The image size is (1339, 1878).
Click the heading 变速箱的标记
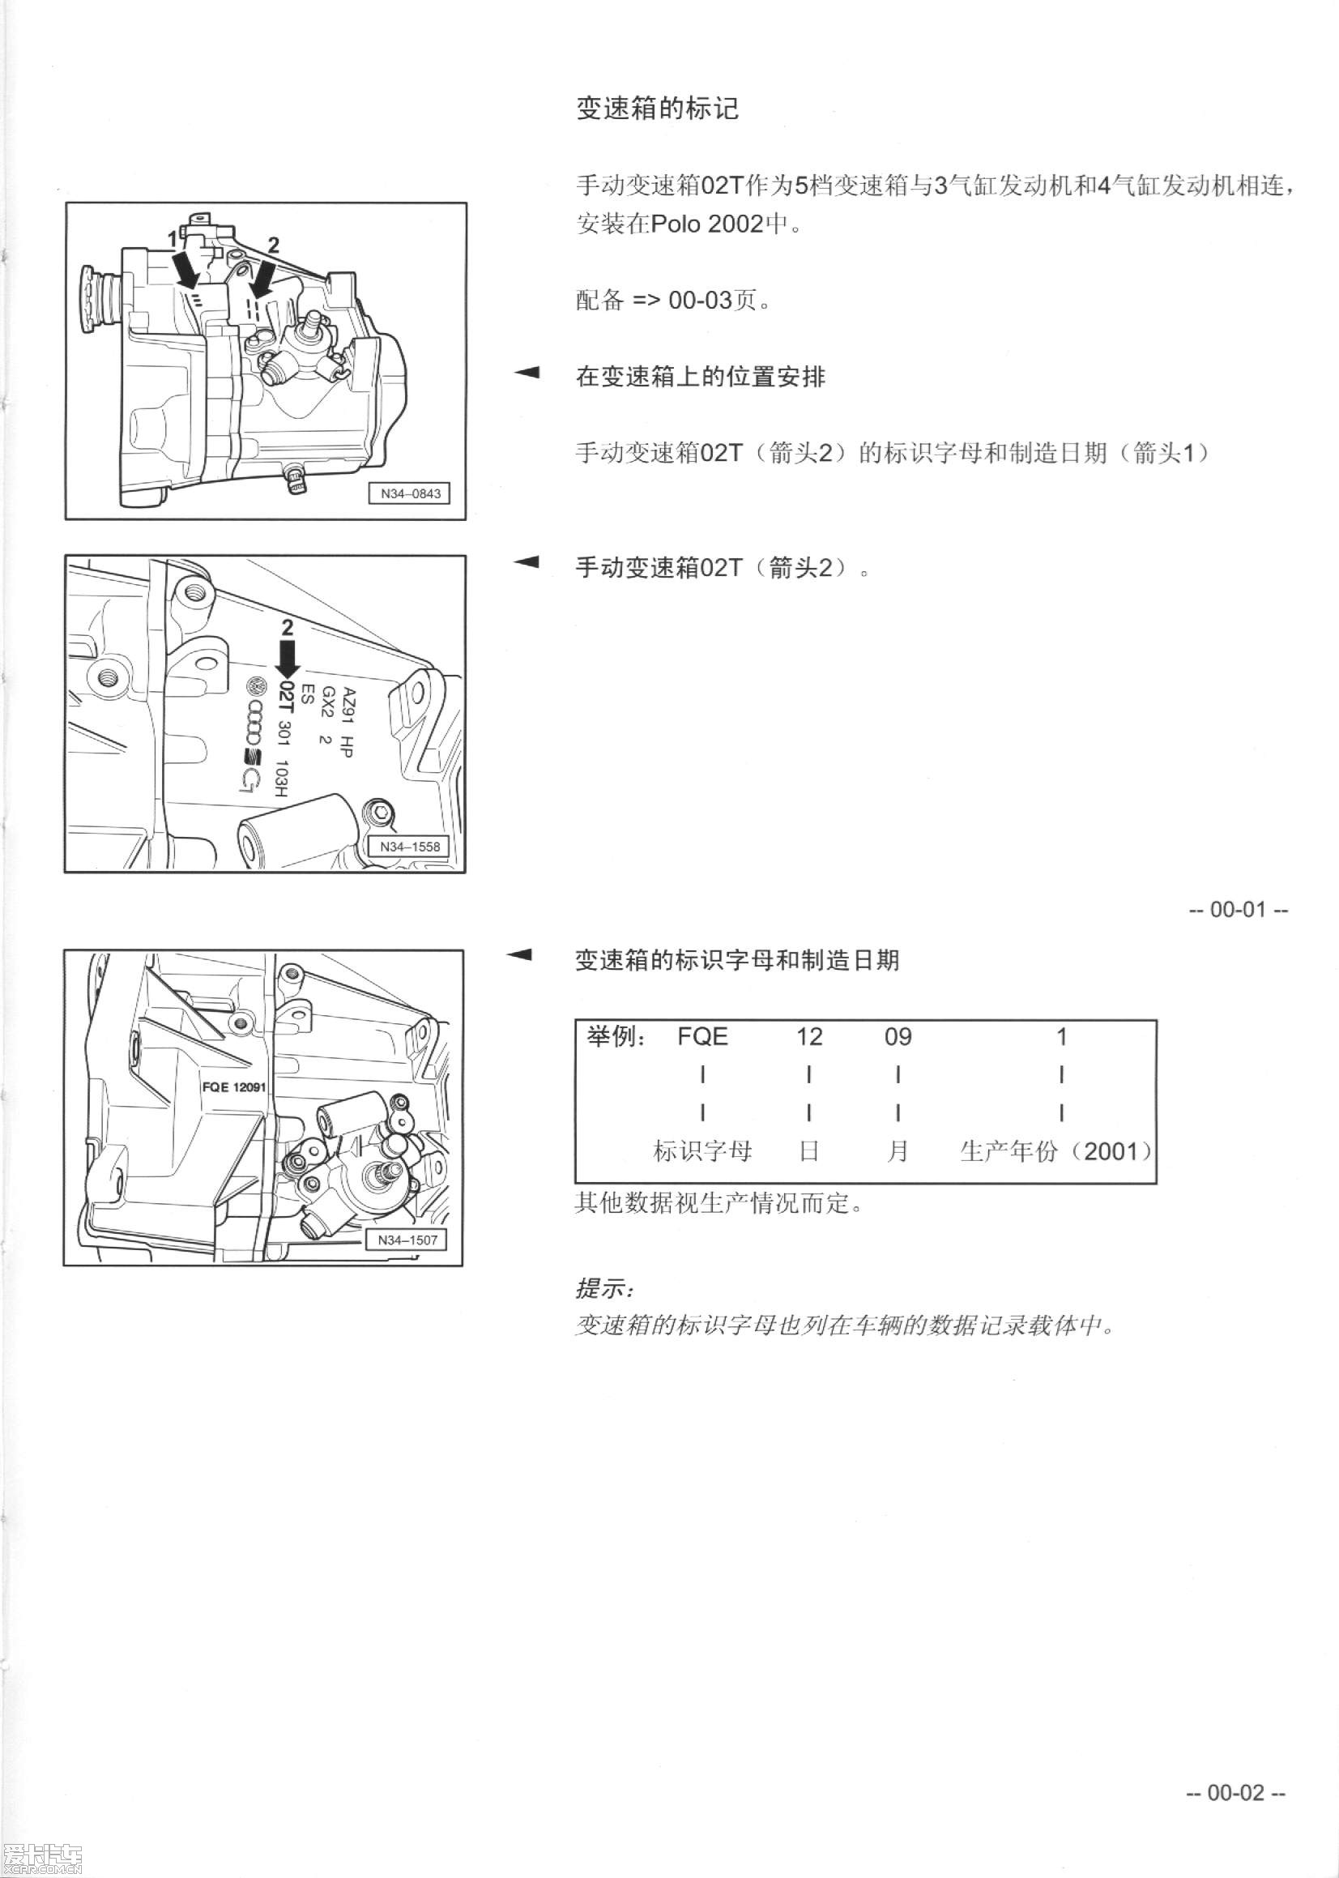(x=656, y=109)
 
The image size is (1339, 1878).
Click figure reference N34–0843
(x=410, y=494)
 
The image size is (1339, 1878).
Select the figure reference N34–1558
(x=410, y=847)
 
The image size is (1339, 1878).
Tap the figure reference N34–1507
(x=407, y=1240)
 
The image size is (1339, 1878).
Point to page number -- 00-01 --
(x=1238, y=909)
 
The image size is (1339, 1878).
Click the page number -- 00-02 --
(x=1235, y=1792)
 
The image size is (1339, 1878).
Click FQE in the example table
(x=701, y=1036)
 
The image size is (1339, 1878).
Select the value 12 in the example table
(x=809, y=1036)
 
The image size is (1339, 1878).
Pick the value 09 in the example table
(x=897, y=1036)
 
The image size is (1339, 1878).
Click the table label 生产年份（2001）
(x=1056, y=1151)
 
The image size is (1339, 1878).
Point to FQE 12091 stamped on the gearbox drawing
(x=234, y=1086)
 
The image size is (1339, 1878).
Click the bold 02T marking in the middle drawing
(x=285, y=697)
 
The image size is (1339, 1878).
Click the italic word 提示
(x=602, y=1287)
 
